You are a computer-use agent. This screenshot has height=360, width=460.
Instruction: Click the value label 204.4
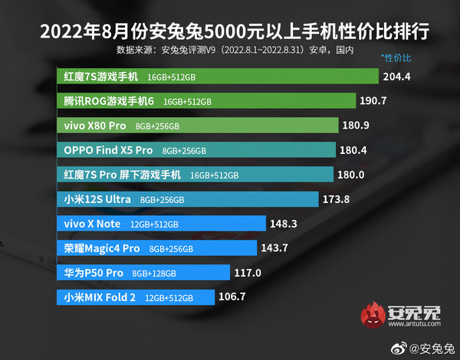(399, 77)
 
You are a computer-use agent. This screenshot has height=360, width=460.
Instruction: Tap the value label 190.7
(376, 101)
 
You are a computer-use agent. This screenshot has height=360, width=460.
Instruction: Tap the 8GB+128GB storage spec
(154, 273)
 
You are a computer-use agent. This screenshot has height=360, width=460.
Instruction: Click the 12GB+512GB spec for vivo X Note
(154, 224)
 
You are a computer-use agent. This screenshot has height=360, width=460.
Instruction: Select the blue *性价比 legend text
(396, 57)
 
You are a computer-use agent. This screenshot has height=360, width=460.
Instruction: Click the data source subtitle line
(235, 50)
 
